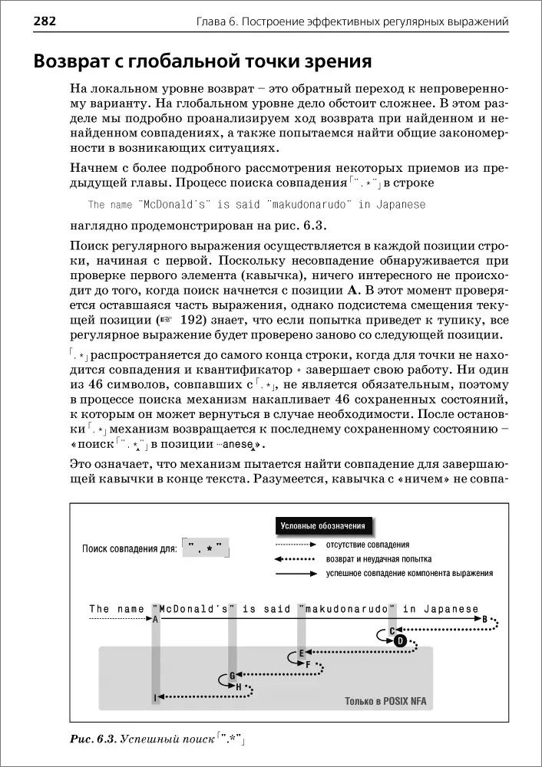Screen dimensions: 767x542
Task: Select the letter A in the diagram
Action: (156, 618)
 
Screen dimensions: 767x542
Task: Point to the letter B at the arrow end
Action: (484, 618)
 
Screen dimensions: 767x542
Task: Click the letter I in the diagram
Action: (155, 696)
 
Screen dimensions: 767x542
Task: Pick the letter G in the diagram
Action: (231, 675)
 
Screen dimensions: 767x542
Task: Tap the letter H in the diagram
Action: (239, 686)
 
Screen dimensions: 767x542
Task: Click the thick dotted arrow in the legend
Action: (296, 558)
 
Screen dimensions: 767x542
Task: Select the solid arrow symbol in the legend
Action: (296, 573)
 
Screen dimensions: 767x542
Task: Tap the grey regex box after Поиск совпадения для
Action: (206, 549)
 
